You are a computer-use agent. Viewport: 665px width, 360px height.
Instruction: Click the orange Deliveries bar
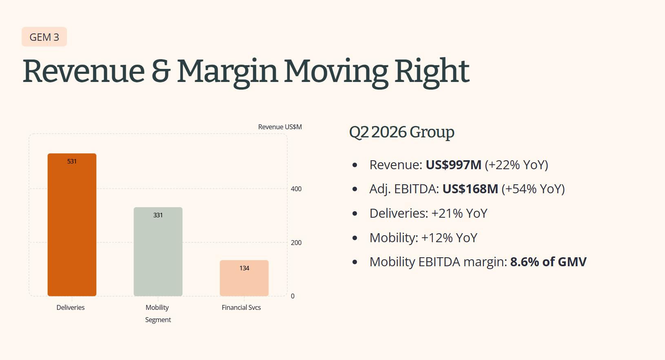pos(72,225)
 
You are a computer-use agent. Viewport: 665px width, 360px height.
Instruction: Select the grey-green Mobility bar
pos(158,252)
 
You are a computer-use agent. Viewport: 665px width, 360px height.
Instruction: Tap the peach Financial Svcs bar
pos(244,278)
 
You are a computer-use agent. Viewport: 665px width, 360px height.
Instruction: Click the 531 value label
pos(72,161)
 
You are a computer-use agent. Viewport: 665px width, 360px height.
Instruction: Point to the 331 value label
pos(158,215)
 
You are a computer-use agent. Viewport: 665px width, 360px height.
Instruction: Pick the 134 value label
pos(244,268)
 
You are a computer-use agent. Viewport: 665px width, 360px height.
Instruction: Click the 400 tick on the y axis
pos(296,189)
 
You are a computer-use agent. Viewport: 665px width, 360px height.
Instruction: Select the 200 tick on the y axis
pos(296,243)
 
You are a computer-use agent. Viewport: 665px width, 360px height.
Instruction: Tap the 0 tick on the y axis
pos(293,296)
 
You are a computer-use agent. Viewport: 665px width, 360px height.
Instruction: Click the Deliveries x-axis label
pos(71,307)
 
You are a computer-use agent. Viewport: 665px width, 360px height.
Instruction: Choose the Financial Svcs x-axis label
pos(242,307)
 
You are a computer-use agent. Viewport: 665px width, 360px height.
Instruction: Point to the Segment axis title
pos(158,320)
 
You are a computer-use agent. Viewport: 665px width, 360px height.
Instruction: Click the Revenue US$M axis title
pos(280,127)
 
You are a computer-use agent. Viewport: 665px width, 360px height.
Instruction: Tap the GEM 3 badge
pos(44,37)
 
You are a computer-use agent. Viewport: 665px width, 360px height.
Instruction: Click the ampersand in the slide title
pos(161,71)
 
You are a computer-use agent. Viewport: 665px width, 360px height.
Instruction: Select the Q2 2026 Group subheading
pos(402,133)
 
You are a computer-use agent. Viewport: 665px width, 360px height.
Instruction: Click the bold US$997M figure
pos(453,165)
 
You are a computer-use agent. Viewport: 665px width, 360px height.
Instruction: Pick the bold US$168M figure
pos(470,189)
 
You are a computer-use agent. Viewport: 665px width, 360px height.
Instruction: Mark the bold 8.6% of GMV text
pos(548,262)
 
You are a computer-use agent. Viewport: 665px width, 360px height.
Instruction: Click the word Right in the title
pos(432,72)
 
